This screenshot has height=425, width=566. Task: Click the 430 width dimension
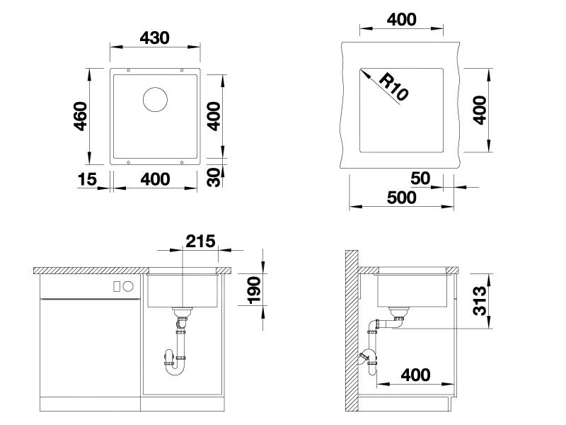pyautogui.click(x=155, y=37)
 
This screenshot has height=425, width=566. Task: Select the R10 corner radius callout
pyautogui.click(x=393, y=86)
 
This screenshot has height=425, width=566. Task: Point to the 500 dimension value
pyautogui.click(x=402, y=197)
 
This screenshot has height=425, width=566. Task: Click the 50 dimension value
pyautogui.click(x=420, y=178)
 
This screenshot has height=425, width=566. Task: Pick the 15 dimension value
pyautogui.click(x=87, y=179)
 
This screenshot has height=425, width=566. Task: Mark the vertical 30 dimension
pyautogui.click(x=214, y=177)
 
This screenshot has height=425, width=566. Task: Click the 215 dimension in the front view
pyautogui.click(x=200, y=242)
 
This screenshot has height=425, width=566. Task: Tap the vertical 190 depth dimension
pyautogui.click(x=254, y=290)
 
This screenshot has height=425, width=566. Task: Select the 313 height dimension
pyautogui.click(x=480, y=301)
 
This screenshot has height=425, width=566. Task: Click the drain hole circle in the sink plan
pyautogui.click(x=155, y=99)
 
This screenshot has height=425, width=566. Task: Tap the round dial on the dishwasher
pyautogui.click(x=128, y=287)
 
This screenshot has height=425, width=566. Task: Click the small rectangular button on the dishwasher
pyautogui.click(x=117, y=287)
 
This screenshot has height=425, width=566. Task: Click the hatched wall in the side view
pyautogui.click(x=350, y=333)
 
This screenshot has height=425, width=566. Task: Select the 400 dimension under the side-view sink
pyautogui.click(x=415, y=374)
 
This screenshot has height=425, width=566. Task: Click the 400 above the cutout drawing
pyautogui.click(x=402, y=19)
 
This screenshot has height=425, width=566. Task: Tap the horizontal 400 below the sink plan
pyautogui.click(x=155, y=179)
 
